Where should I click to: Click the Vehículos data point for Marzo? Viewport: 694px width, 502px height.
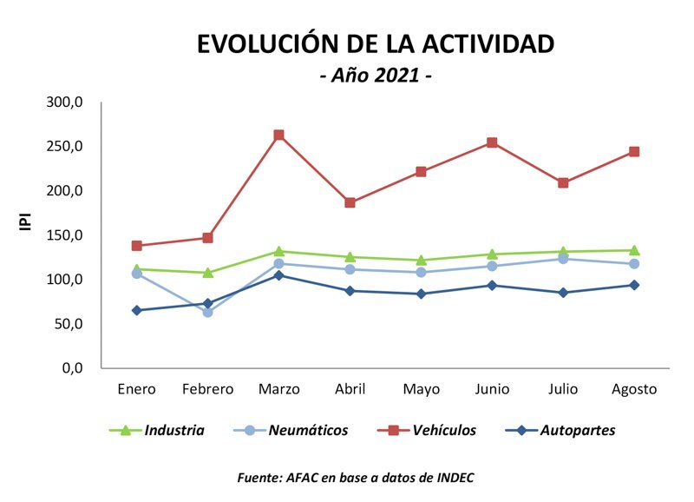coord(278,135)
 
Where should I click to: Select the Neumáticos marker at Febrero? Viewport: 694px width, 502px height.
coord(207,312)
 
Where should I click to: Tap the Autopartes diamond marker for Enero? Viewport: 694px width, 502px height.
coord(137,310)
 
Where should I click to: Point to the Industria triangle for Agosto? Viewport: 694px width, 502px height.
coord(634,250)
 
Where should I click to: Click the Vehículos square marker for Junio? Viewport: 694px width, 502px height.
coord(492,142)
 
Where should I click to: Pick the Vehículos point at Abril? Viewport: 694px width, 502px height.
coord(350,202)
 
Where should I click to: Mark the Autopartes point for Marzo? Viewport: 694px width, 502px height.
coord(278,275)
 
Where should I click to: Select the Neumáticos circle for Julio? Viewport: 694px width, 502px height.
coord(563,259)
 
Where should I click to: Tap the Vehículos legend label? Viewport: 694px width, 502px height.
coord(444,430)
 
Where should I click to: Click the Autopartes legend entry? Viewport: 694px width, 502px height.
coord(577,430)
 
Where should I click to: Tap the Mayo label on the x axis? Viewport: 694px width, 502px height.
coord(421,389)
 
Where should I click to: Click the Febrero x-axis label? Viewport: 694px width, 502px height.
coord(207,389)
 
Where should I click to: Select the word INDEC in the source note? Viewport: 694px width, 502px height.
coord(453,478)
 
